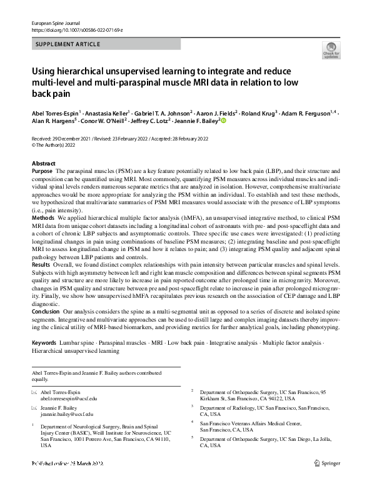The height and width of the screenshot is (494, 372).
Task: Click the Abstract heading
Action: [x=43, y=163]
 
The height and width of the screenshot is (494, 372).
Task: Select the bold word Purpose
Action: [x=42, y=170]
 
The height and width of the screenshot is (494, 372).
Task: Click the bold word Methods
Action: [x=43, y=217]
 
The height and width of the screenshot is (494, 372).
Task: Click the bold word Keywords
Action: [x=44, y=342]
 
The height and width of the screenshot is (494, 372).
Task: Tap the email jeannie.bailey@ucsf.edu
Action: [x=67, y=413]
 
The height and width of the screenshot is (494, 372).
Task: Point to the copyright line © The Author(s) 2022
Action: [x=58, y=144]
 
